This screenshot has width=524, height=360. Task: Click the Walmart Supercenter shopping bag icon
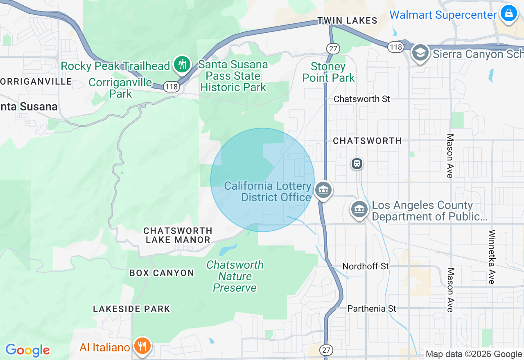coord(508,13)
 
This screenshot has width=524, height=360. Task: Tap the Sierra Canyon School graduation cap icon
coord(420,53)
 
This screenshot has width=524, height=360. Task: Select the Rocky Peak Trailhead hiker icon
coord(182,64)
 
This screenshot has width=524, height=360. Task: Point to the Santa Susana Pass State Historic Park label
coord(233,76)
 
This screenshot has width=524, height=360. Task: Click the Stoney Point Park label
coord(328,72)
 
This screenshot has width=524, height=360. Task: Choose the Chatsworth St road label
coord(362,99)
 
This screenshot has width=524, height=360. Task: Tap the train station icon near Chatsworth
coord(357,164)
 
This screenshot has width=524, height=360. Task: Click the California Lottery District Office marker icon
coord(323,190)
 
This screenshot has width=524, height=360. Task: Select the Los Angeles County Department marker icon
coord(359,209)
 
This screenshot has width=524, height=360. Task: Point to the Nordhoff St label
coord(366,266)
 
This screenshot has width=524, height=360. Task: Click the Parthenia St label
coord(372,308)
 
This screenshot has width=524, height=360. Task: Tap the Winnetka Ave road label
coord(492,257)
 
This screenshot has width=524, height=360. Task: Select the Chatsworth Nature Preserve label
coord(235,276)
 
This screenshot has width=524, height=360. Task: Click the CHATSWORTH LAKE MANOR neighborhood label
coord(178,235)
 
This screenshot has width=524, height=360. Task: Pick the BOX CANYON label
coord(162,273)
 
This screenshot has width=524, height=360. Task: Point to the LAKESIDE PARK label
coord(131,309)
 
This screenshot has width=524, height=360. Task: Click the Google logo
coord(27,350)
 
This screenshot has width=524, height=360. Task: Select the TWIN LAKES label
coord(347,20)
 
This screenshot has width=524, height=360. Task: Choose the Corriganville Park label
coord(120,88)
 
